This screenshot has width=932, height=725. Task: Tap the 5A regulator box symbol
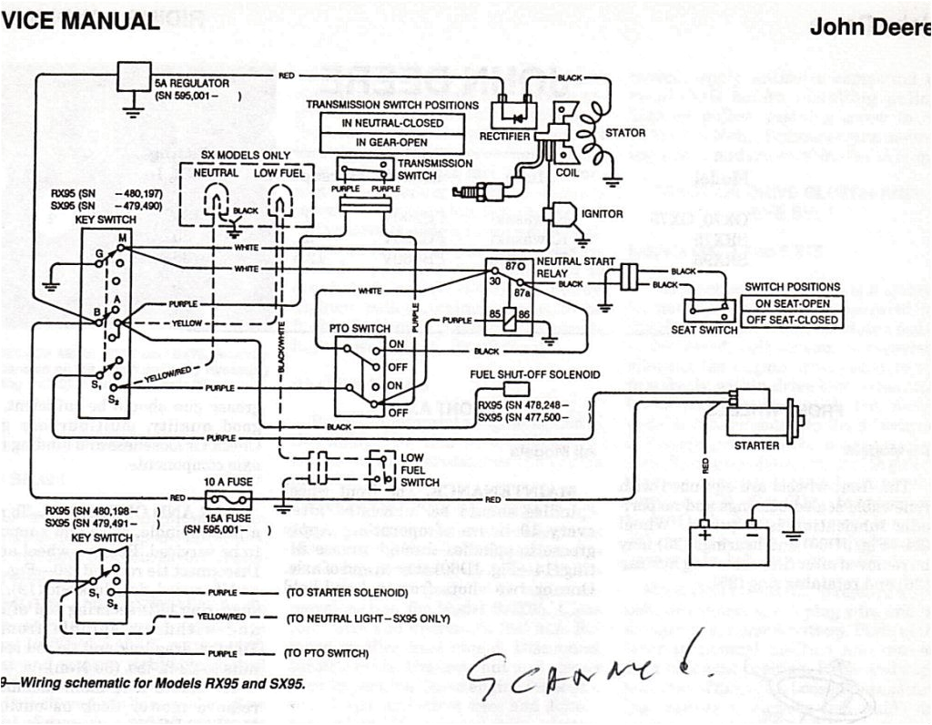tap(133, 80)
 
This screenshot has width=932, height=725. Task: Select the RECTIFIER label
tap(505, 136)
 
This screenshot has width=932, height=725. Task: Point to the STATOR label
tap(625, 133)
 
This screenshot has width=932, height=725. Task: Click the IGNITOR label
tap(601, 214)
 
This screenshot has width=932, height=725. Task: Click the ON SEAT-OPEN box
tap(792, 303)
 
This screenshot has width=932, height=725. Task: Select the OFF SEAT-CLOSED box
tap(792, 320)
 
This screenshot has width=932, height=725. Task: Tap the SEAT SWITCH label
tap(704, 330)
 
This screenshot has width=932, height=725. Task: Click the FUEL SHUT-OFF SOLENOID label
tap(534, 375)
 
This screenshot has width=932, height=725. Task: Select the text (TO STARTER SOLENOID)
tap(347, 593)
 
